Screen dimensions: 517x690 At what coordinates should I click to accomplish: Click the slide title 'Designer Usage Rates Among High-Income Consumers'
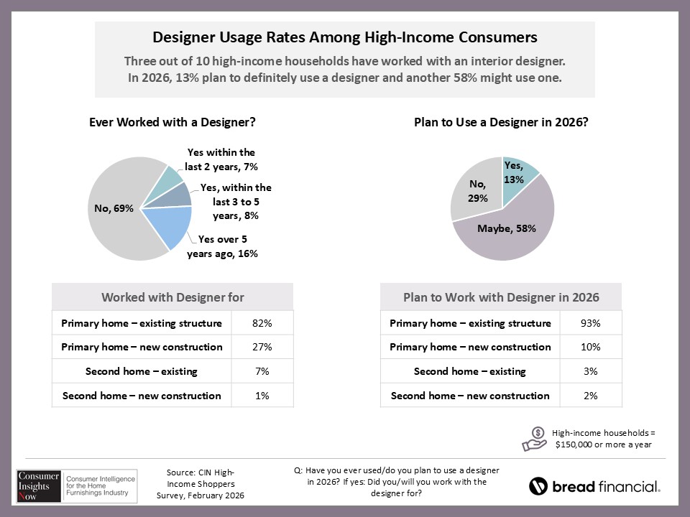pos(345,37)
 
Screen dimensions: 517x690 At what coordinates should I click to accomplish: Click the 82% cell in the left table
pos(262,323)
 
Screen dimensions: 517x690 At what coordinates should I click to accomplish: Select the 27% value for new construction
pos(262,347)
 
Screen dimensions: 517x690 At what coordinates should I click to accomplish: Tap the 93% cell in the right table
pos(590,323)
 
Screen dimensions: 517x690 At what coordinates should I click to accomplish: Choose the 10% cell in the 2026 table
pos(590,347)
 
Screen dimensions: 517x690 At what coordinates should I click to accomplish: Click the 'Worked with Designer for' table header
pos(172,297)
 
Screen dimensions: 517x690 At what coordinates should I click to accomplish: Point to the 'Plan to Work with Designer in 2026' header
pos(501,297)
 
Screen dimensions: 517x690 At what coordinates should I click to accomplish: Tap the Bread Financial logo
pos(594,486)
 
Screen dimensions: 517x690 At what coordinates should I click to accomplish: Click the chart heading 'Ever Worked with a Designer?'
pos(172,122)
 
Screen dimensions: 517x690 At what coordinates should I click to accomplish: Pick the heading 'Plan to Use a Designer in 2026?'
pos(502,122)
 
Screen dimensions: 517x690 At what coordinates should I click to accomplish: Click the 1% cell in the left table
pos(262,396)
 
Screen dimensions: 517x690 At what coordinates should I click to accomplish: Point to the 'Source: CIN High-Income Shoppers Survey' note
pos(201,484)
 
